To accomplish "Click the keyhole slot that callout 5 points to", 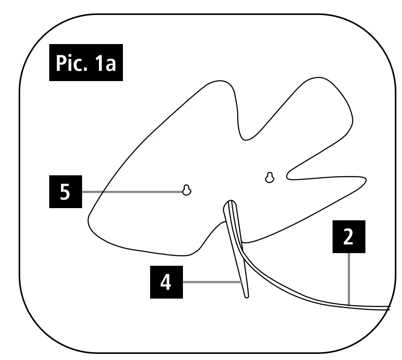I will point(187,190).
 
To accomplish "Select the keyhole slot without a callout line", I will point(269,178).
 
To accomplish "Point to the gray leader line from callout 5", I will point(131,192).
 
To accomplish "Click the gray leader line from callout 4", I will point(211,282).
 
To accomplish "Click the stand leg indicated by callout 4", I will point(236,248).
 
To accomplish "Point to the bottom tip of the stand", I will point(247,295).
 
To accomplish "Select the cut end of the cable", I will point(388,308).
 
